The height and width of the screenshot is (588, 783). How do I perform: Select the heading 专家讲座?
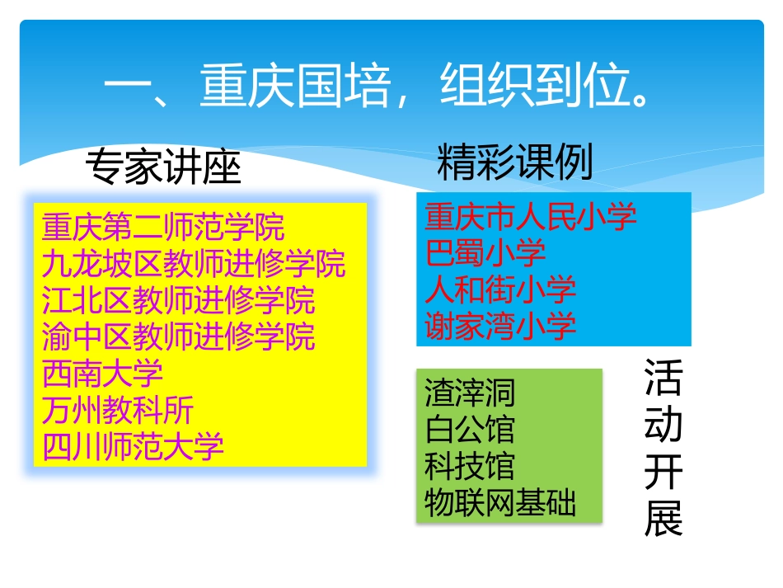pyautogui.click(x=163, y=168)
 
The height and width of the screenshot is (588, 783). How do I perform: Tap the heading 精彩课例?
pyautogui.click(x=515, y=162)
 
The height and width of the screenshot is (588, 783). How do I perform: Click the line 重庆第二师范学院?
pyautogui.click(x=163, y=226)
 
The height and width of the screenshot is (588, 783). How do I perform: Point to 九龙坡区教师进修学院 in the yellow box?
pyautogui.click(x=194, y=264)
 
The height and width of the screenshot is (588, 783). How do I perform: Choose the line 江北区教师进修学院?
pyautogui.click(x=178, y=300)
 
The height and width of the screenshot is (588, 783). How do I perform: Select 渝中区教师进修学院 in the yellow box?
pyautogui.click(x=178, y=336)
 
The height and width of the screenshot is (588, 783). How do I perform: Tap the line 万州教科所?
pyautogui.click(x=118, y=410)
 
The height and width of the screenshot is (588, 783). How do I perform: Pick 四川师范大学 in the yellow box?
pyautogui.click(x=133, y=446)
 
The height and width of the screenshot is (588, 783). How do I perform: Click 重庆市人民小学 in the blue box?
pyautogui.click(x=531, y=217)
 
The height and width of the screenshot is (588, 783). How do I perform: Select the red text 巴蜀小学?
pyautogui.click(x=485, y=253)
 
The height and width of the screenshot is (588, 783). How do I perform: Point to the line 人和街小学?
pyautogui.click(x=500, y=289)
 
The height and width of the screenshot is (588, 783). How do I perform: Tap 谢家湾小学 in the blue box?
pyautogui.click(x=500, y=326)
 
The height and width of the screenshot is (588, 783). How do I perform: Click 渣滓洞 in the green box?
pyautogui.click(x=470, y=392)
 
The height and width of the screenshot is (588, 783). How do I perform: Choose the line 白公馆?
pyautogui.click(x=470, y=429)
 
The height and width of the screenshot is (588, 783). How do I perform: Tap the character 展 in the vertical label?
pyautogui.click(x=663, y=519)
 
